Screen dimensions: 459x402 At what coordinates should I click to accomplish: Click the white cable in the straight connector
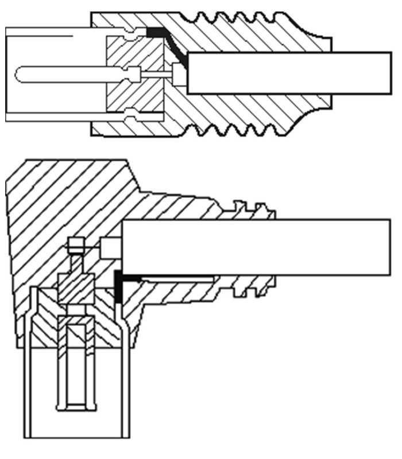coord(287,73)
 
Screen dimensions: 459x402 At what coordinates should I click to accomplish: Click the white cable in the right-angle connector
coord(258,247)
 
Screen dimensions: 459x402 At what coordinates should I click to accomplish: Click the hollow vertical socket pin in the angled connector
coord(76,361)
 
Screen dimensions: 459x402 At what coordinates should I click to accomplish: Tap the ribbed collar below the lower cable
coord(253,287)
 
